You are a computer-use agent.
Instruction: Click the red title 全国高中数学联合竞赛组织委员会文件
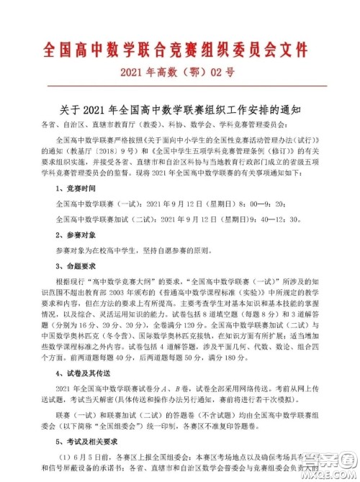[180, 49]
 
